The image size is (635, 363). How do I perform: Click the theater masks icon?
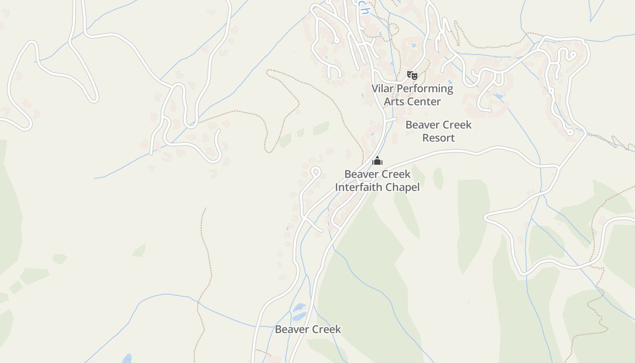(412, 75)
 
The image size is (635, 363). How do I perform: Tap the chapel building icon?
(377, 161)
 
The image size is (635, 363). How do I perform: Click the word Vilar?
(382, 88)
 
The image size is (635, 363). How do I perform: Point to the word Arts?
(394, 102)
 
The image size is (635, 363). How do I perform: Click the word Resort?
(438, 138)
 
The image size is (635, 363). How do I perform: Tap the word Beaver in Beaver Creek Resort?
(422, 125)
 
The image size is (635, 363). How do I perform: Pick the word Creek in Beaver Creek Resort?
(456, 125)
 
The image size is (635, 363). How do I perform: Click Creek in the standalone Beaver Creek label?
(326, 329)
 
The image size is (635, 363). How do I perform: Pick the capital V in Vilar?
(376, 88)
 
